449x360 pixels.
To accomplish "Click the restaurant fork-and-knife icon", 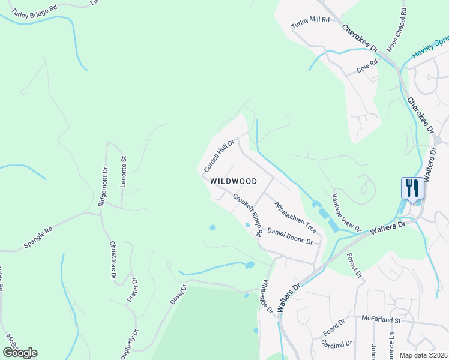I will (412, 188).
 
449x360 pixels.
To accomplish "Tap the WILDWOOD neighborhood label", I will (234, 181).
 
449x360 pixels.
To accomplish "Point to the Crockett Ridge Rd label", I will (248, 215).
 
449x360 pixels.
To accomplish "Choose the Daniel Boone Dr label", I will (291, 236).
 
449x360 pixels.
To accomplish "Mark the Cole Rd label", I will (367, 66).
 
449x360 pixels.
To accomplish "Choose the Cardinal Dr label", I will (337, 343).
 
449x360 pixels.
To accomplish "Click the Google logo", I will (20, 352).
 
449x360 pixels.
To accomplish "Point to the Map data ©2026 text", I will (423, 355).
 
